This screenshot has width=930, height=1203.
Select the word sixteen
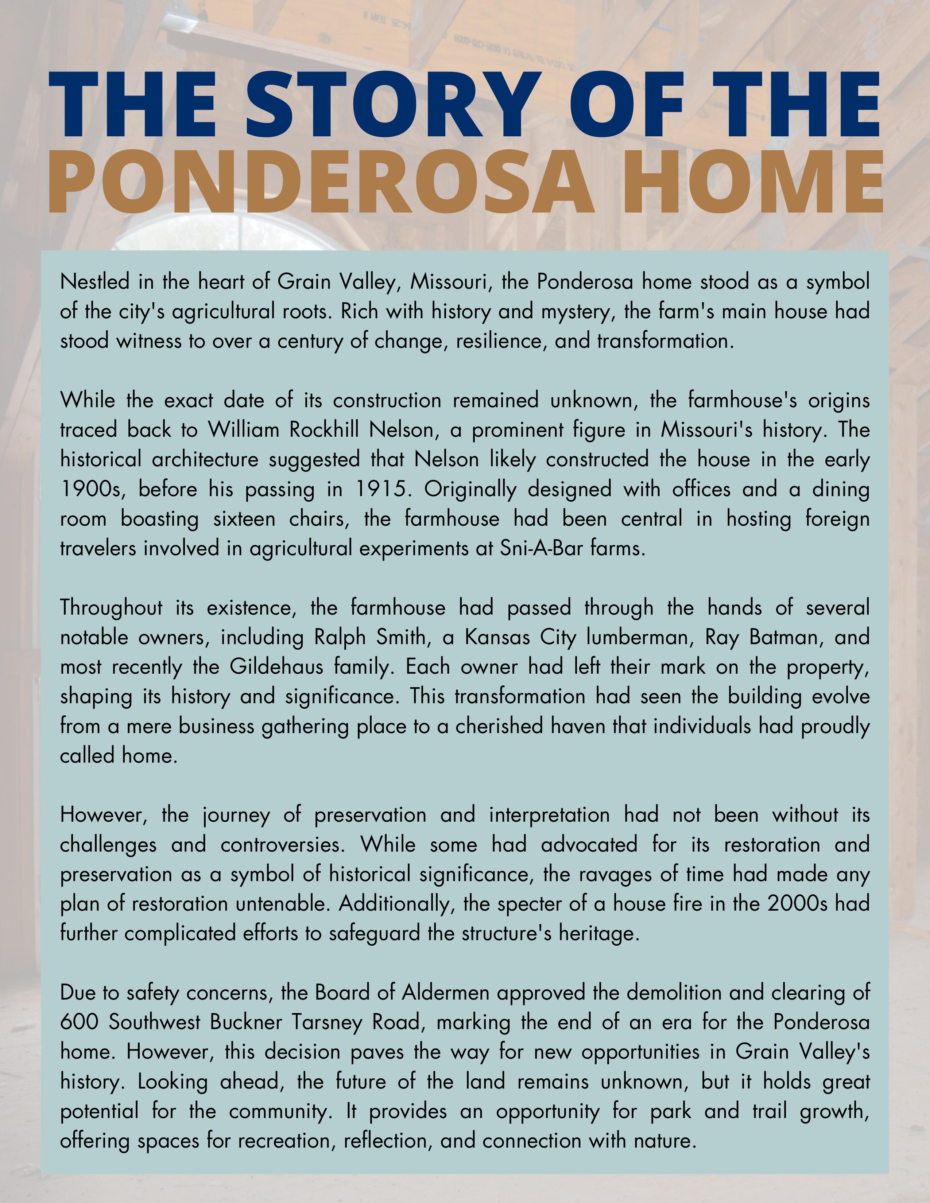[x=244, y=519]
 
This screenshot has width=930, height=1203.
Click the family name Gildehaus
[x=276, y=667]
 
